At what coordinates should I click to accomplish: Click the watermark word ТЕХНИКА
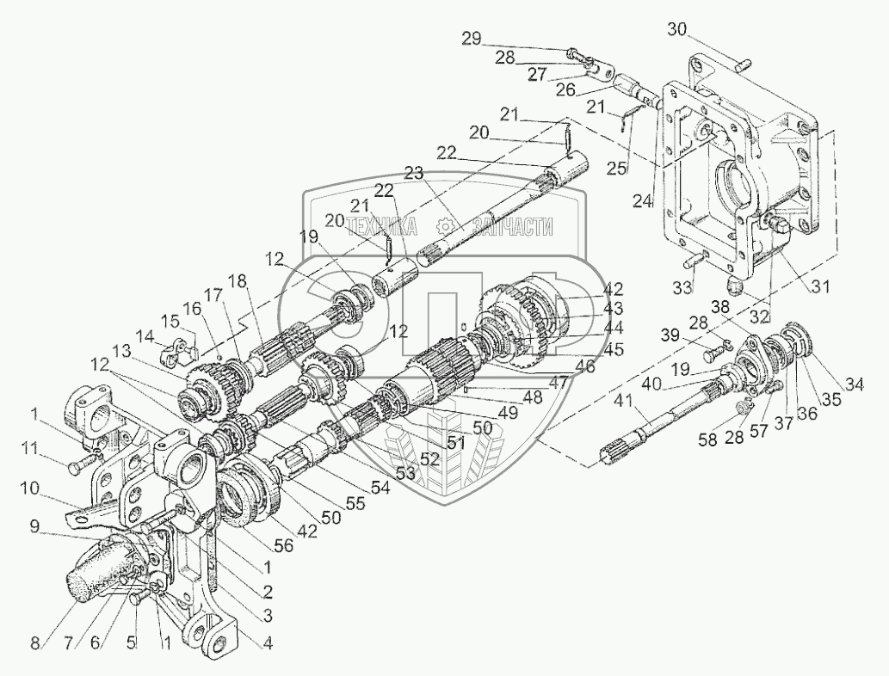tap(381, 226)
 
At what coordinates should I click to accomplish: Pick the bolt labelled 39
tap(712, 353)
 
